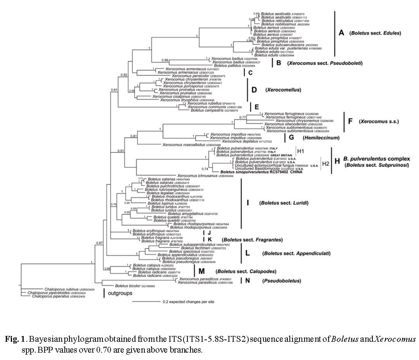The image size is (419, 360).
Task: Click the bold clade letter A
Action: [341, 33]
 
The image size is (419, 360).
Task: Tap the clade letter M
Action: [201, 271]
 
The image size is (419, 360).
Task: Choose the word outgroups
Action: [123, 293]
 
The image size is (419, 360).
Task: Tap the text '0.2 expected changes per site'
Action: [188, 301]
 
